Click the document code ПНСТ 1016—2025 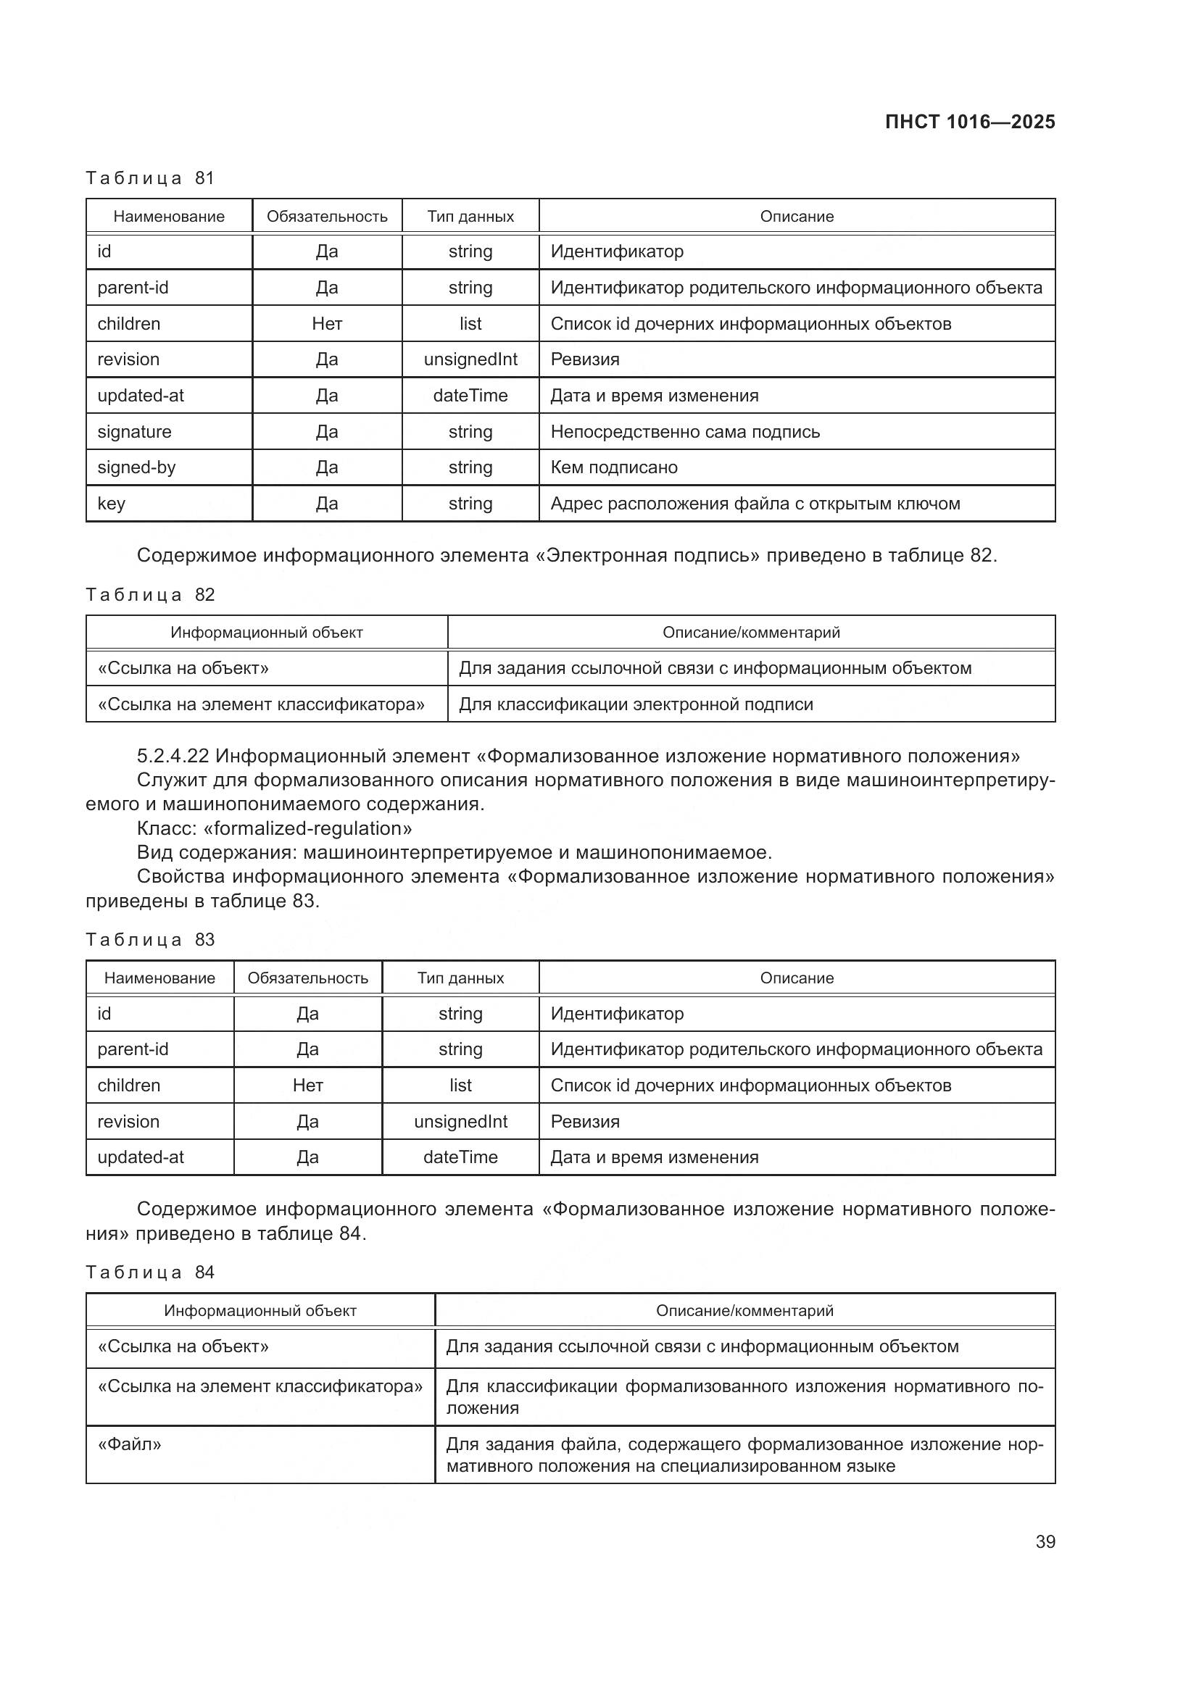(x=969, y=122)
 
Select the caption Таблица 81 (x=150, y=178)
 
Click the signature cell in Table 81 (x=134, y=432)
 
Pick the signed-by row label (x=136, y=467)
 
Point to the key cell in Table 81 (x=112, y=504)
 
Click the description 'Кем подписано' (x=613, y=467)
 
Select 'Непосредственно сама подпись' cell (x=684, y=432)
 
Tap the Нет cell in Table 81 (x=326, y=324)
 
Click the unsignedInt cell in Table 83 (x=460, y=1121)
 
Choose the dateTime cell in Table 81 (x=470, y=396)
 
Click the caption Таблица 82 (x=150, y=594)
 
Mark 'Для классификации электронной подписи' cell (x=636, y=704)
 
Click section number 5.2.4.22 (x=173, y=756)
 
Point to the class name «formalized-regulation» (x=307, y=828)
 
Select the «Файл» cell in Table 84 (x=129, y=1444)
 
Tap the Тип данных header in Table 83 (x=460, y=978)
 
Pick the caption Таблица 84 (x=150, y=1272)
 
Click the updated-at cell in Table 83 (x=141, y=1157)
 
